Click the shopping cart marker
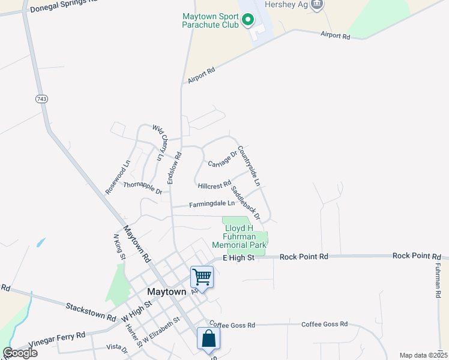(202, 278)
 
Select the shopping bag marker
(208, 338)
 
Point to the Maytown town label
(167, 292)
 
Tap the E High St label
(239, 257)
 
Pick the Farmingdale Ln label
(212, 204)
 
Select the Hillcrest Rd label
(214, 185)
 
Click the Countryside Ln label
(249, 165)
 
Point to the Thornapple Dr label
(143, 188)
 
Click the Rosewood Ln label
(118, 176)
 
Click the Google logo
(20, 353)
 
